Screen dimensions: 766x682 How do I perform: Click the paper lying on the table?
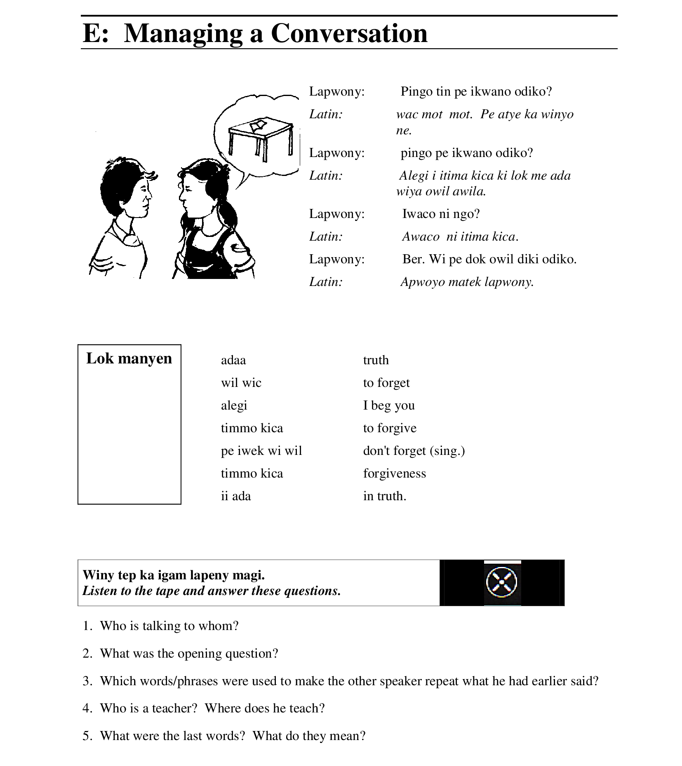pyautogui.click(x=259, y=124)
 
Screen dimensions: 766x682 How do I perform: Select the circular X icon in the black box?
pyautogui.click(x=502, y=582)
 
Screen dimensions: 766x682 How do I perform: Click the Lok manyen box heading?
pyautogui.click(x=129, y=358)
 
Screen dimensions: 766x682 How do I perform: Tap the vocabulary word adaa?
pyautogui.click(x=233, y=360)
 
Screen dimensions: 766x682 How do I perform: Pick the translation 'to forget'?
pyautogui.click(x=386, y=383)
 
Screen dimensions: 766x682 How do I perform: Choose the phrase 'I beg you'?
pyautogui.click(x=389, y=405)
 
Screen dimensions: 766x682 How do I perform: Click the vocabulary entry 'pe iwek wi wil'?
pyautogui.click(x=261, y=451)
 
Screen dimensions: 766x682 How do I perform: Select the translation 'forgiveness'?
pyautogui.click(x=394, y=473)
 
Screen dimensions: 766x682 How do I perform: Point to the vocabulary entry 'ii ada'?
pyautogui.click(x=236, y=496)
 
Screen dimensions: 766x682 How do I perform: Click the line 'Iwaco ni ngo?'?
pyautogui.click(x=441, y=214)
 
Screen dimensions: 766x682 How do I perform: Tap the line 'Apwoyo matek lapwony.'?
pyautogui.click(x=467, y=282)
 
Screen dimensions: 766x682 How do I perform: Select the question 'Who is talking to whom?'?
pyautogui.click(x=169, y=626)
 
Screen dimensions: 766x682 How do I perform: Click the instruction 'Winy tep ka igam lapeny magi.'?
pyautogui.click(x=174, y=575)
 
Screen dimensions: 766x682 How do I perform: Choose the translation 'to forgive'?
pyautogui.click(x=390, y=428)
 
